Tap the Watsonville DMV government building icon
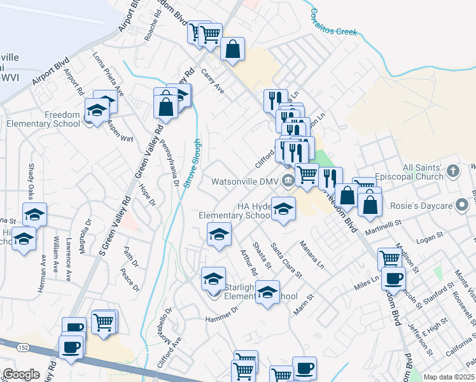[x=288, y=181]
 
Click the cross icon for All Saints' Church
[x=453, y=171]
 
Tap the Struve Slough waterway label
[x=193, y=162]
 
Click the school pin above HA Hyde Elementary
[x=284, y=209]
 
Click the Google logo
[x=20, y=374]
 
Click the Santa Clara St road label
[x=286, y=258]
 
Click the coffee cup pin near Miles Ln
[x=393, y=278]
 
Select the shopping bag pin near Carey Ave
[x=233, y=50]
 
